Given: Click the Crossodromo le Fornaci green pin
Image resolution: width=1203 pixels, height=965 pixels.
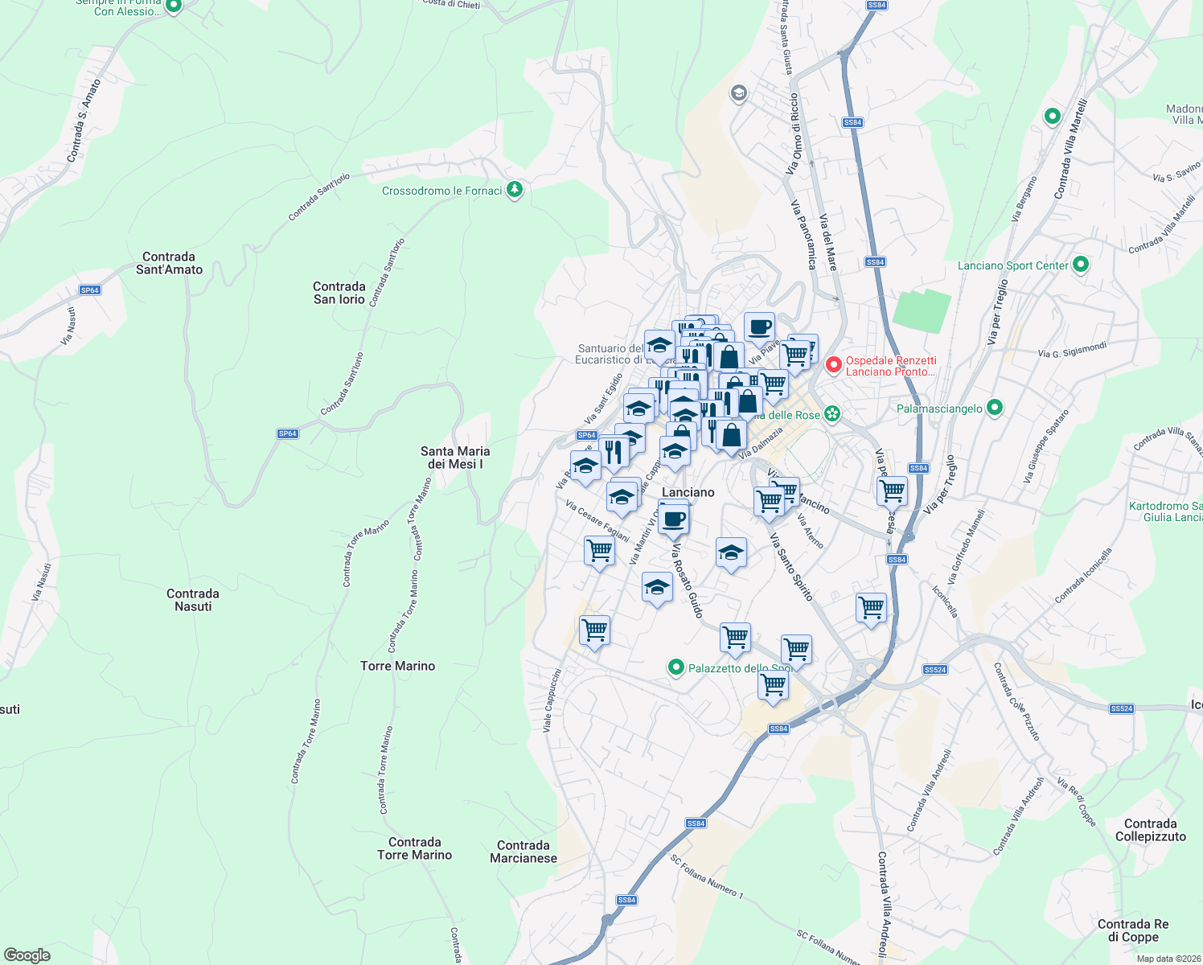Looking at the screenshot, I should tap(515, 191).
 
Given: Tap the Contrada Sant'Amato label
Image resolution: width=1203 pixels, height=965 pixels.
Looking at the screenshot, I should tap(169, 263).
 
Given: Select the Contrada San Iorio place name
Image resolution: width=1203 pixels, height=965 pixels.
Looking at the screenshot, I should tap(339, 293).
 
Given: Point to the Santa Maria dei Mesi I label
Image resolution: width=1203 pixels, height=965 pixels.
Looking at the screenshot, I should tap(455, 458).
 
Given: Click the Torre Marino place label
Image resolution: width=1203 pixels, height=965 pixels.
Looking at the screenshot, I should tap(397, 666).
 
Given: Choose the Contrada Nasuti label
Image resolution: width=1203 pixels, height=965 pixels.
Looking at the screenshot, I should tap(193, 600).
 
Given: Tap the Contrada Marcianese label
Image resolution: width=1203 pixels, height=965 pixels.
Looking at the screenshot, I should tap(523, 852).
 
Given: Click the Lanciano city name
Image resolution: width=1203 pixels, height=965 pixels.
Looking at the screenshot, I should tap(688, 492).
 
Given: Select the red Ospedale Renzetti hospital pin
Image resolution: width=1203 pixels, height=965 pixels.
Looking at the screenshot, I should tap(833, 366).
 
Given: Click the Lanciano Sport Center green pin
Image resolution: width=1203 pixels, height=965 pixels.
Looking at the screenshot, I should tap(1081, 265).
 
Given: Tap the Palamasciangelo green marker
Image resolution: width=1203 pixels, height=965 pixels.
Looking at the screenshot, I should tap(995, 408).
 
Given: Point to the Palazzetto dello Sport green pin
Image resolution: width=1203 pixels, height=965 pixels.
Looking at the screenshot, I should tap(676, 667).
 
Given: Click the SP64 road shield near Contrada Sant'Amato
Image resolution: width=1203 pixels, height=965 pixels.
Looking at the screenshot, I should tap(90, 290).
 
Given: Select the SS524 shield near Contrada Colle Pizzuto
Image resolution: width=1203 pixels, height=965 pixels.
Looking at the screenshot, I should tap(1121, 708).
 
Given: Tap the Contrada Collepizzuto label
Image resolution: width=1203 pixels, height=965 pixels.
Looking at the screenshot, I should tap(1150, 830).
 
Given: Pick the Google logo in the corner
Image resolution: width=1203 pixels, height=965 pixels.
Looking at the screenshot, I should tap(27, 955).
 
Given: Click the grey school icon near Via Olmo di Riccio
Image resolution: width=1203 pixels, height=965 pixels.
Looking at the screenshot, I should tap(738, 94).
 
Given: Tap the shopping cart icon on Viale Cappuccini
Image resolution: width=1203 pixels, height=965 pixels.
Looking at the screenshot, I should tap(594, 630).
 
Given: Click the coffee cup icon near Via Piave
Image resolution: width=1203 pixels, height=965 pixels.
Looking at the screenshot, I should tap(759, 327).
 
